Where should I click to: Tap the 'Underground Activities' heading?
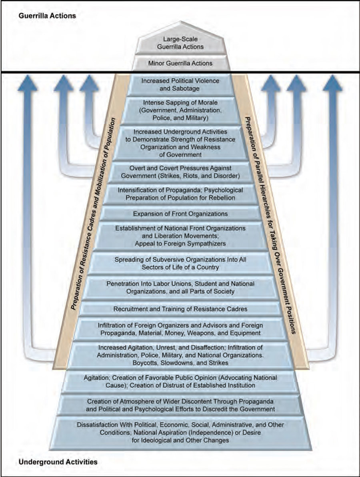[x=58, y=462]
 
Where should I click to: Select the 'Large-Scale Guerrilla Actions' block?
[x=180, y=43]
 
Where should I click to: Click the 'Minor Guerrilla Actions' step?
[x=180, y=63]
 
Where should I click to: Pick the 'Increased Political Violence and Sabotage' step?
[x=180, y=84]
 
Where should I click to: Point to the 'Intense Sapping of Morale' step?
[x=180, y=110]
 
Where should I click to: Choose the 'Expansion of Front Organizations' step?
[x=180, y=213]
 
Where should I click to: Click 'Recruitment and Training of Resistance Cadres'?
[x=180, y=309]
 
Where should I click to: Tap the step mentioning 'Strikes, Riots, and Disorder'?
[x=180, y=171]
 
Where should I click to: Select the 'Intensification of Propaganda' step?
[x=180, y=194]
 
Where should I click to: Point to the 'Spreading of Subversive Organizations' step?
[x=180, y=263]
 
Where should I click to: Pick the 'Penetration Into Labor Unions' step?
[x=180, y=287]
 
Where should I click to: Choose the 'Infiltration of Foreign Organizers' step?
[x=180, y=329]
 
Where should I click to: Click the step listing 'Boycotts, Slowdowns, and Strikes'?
[x=180, y=355]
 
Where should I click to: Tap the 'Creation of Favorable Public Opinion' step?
[x=180, y=381]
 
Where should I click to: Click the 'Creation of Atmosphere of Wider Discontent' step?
[x=180, y=405]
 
